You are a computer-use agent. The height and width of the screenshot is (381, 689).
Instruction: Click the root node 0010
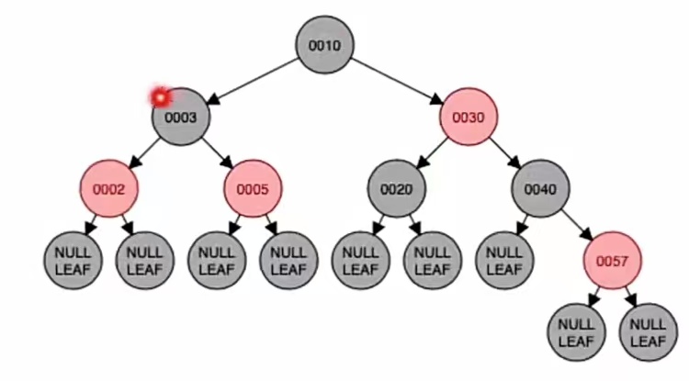pos(324,44)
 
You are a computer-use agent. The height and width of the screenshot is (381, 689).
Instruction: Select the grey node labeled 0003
pos(181,117)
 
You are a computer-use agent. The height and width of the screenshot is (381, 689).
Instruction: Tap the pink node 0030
pos(468,117)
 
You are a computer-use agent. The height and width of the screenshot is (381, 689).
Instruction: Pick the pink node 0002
pos(108,189)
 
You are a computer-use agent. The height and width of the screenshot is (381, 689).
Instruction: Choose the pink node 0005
pos(253,189)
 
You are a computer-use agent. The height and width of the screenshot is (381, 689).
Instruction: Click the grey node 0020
pos(397,189)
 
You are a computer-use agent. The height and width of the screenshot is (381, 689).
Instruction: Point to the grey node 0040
pos(540,189)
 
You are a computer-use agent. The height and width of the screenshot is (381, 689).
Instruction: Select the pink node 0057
pos(612,261)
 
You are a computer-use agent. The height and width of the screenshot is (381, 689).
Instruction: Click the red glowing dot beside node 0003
pos(161,95)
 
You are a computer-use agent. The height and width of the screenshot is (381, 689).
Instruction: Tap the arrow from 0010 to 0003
pos(252,80)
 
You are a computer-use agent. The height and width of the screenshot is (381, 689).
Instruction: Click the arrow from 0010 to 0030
pos(397,80)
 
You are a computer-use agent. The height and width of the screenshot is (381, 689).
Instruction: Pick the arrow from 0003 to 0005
pos(217,152)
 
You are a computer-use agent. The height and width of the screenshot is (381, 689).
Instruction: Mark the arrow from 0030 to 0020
pos(432,152)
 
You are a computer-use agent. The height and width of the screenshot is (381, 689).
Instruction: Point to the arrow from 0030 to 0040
pos(504,152)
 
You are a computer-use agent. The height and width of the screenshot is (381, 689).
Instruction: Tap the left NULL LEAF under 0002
pos(73,261)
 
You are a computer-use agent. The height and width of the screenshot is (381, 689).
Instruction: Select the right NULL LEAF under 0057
pos(648,332)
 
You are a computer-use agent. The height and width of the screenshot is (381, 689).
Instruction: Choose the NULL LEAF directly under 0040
pos(504,261)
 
